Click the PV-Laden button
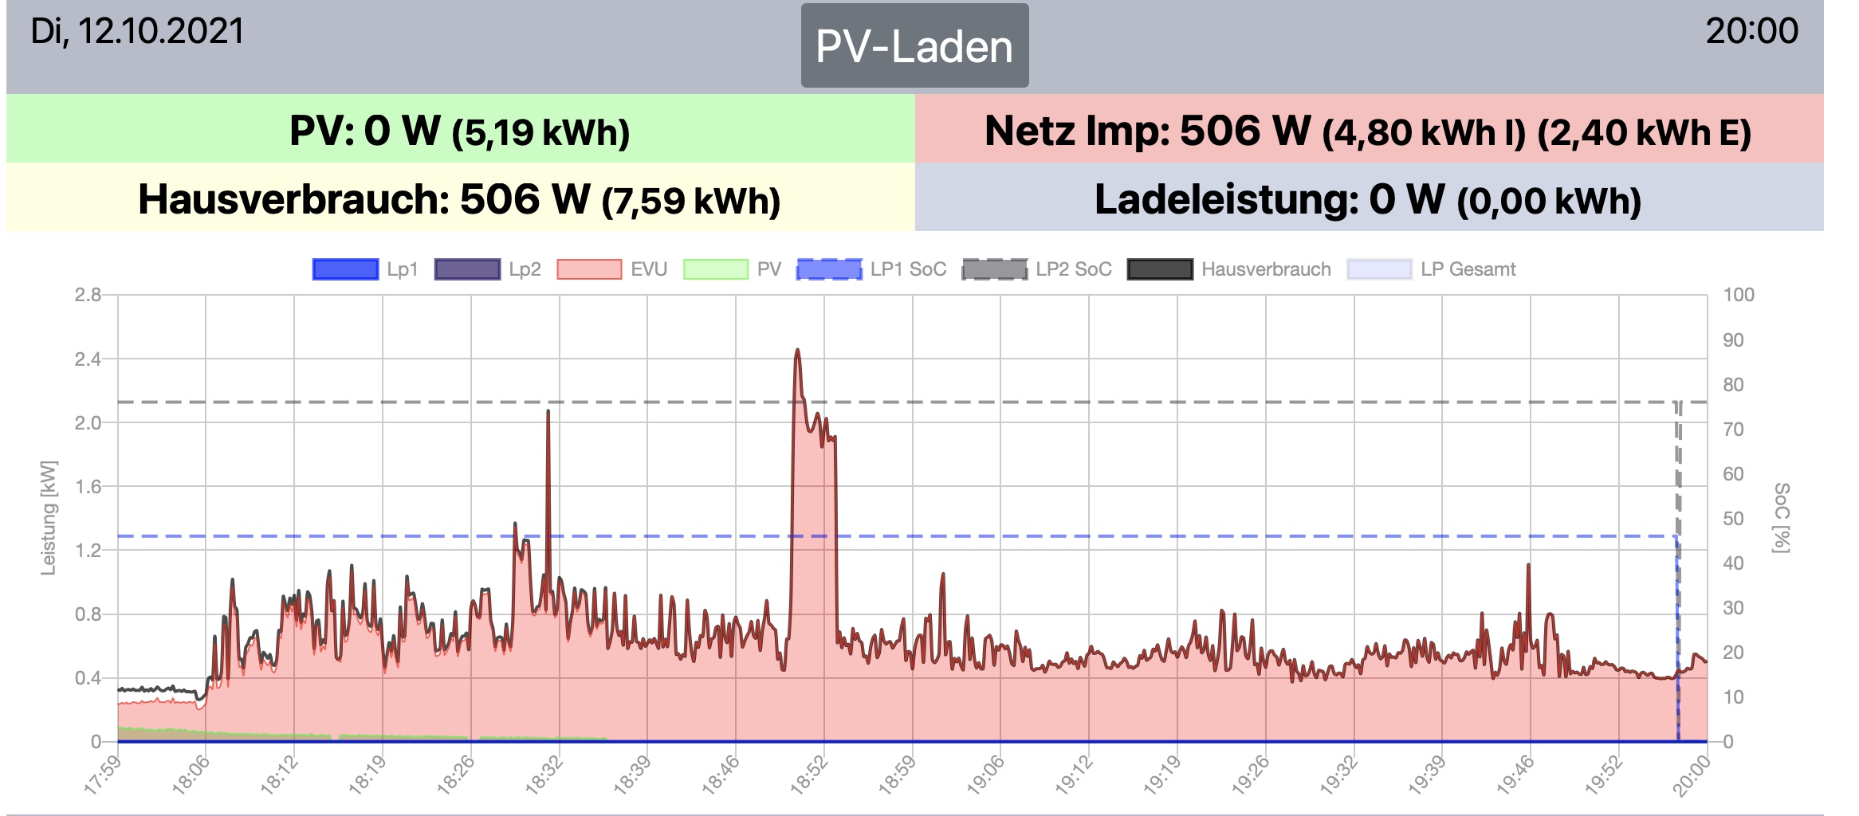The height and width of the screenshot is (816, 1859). [914, 46]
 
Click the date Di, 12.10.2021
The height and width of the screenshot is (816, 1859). [137, 32]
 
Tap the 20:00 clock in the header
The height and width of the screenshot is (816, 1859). [1751, 32]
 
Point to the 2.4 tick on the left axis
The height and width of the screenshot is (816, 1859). [88, 359]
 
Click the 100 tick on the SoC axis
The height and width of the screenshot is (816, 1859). [1739, 295]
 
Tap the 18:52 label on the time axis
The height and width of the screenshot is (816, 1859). [808, 775]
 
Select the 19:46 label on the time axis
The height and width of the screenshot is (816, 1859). [1515, 775]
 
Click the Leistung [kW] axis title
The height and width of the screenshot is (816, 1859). [49, 518]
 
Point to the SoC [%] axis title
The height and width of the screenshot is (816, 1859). [1781, 518]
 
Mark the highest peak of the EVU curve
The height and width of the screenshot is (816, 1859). [797, 350]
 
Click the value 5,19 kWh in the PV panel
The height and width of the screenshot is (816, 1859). [540, 133]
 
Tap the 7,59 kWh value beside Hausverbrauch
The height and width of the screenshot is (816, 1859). [690, 201]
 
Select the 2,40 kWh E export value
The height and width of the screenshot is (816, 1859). [1644, 133]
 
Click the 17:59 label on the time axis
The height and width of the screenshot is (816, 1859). [102, 775]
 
